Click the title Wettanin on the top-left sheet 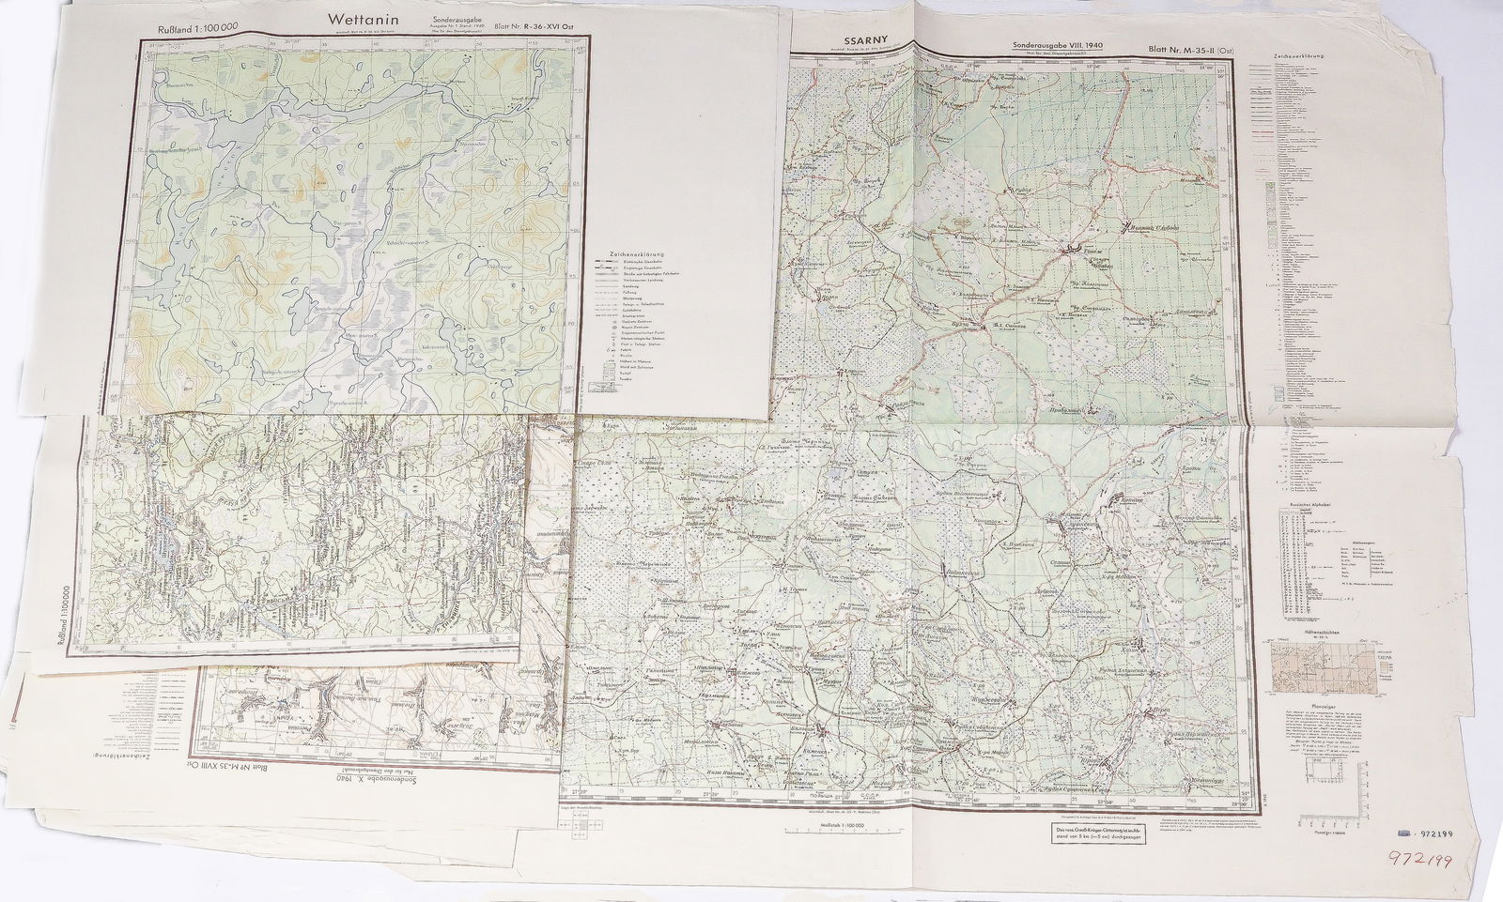364,19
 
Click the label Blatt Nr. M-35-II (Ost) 1190,47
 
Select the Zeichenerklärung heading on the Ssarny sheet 1299,57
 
